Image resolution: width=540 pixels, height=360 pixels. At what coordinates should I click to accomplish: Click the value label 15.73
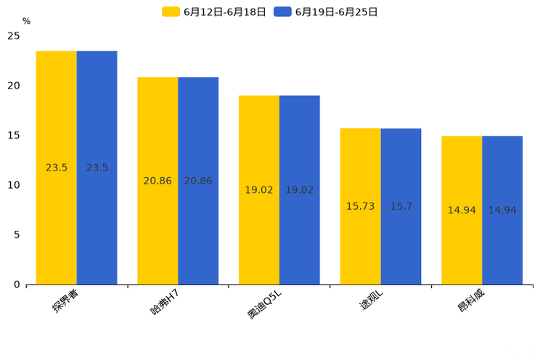[360, 207]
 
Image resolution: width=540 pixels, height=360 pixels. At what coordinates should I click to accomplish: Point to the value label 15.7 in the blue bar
[401, 207]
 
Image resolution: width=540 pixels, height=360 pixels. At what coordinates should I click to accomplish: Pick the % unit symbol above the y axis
[26, 21]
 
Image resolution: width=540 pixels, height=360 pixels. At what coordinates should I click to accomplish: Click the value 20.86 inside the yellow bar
[157, 181]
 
